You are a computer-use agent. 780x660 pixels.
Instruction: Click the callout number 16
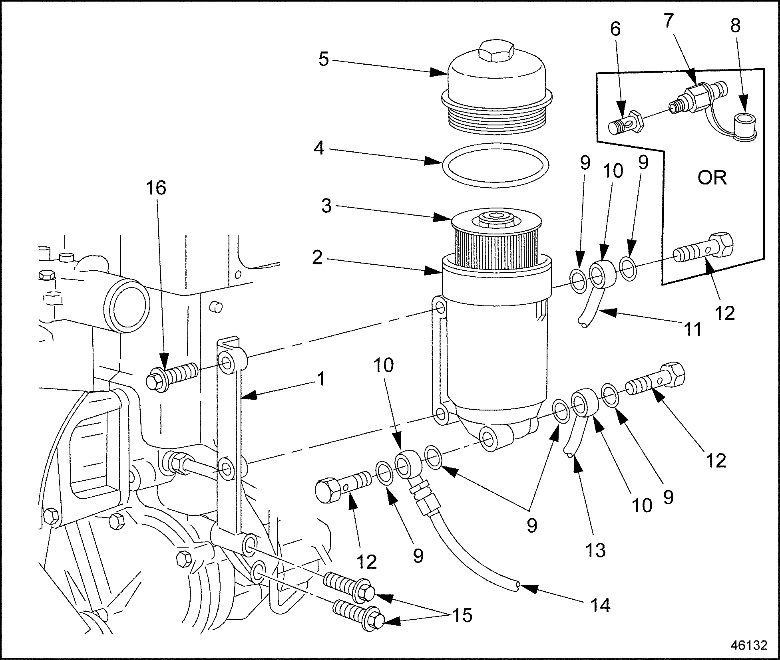pyautogui.click(x=155, y=188)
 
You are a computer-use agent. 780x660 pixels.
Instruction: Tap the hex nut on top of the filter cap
pyautogui.click(x=496, y=50)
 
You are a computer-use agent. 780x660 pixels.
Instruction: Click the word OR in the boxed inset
pyautogui.click(x=712, y=177)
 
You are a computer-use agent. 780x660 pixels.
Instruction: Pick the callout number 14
pyautogui.click(x=600, y=606)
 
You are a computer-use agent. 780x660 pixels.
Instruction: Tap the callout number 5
pyautogui.click(x=323, y=59)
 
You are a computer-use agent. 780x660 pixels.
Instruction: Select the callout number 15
pyautogui.click(x=462, y=615)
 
